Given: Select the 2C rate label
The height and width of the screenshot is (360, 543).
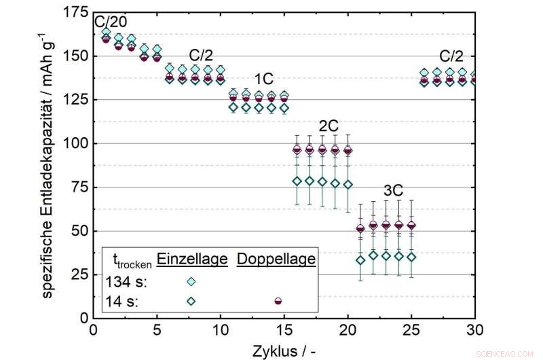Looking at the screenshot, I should [x=329, y=126].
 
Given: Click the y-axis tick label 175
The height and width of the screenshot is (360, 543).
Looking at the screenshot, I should [x=77, y=12].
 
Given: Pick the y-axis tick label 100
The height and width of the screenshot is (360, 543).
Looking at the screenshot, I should [x=77, y=143].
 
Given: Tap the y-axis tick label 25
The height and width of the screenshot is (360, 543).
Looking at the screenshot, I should [x=81, y=274].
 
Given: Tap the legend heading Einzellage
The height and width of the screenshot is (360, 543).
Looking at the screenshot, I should [x=191, y=259].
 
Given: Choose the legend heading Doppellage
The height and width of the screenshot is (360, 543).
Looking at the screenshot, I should [x=277, y=259].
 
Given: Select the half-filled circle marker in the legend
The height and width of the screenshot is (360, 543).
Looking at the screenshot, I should [x=278, y=300].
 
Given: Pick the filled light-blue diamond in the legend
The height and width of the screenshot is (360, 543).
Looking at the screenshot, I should [x=191, y=281].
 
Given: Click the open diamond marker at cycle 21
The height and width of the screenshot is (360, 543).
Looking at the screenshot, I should [x=360, y=259].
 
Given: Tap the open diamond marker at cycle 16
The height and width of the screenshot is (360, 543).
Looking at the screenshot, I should [x=297, y=181].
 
